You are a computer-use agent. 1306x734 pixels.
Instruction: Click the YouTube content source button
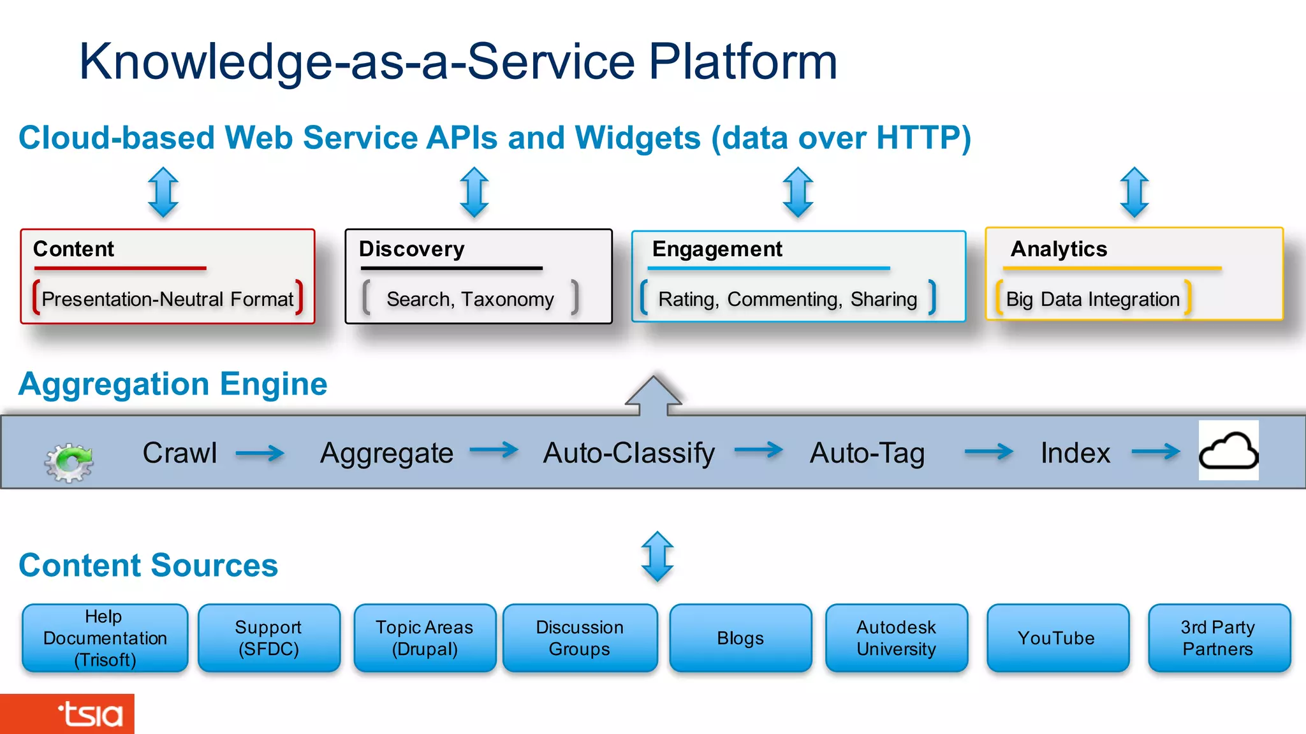[1057, 638]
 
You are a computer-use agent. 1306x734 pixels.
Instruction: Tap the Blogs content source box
[740, 638]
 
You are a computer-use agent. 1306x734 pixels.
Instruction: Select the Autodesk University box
[896, 638]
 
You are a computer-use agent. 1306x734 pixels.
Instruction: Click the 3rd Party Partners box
[1219, 638]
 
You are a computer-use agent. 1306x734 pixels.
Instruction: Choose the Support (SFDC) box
[268, 638]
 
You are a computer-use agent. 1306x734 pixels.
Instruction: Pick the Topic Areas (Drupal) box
[425, 638]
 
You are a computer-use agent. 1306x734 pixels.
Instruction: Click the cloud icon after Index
[1228, 450]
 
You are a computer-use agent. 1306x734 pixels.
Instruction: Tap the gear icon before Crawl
[69, 461]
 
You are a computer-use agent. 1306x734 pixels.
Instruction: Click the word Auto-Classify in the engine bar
[629, 453]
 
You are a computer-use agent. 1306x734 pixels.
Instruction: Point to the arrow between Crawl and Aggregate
[260, 453]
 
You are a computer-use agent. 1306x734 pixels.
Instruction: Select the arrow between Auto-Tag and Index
[988, 452]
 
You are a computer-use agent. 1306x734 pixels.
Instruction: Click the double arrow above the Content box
[163, 192]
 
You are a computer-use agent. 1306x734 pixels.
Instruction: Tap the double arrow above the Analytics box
[1134, 192]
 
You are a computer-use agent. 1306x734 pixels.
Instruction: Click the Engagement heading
[717, 248]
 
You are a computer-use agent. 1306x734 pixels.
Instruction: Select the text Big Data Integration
[1092, 299]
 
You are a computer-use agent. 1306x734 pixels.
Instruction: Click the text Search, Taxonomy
[470, 299]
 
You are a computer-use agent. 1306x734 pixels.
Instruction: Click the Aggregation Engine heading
[173, 384]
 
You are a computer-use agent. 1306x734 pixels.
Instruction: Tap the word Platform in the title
[742, 61]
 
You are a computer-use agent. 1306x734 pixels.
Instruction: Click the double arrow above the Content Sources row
[657, 556]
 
